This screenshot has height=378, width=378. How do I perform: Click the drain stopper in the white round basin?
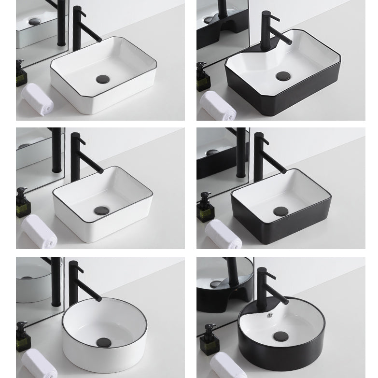pyautogui.click(x=103, y=343)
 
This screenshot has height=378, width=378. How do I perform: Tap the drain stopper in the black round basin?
pyautogui.click(x=280, y=336)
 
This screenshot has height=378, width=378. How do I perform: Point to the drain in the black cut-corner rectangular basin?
pyautogui.click(x=283, y=76)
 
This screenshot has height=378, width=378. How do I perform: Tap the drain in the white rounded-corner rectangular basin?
pyautogui.click(x=101, y=210)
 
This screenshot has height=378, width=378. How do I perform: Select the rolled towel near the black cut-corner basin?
pyautogui.click(x=218, y=105)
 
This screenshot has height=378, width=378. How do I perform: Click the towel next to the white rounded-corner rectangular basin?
pyautogui.click(x=39, y=231)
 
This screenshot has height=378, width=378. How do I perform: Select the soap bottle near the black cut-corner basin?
pyautogui.click(x=203, y=77)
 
